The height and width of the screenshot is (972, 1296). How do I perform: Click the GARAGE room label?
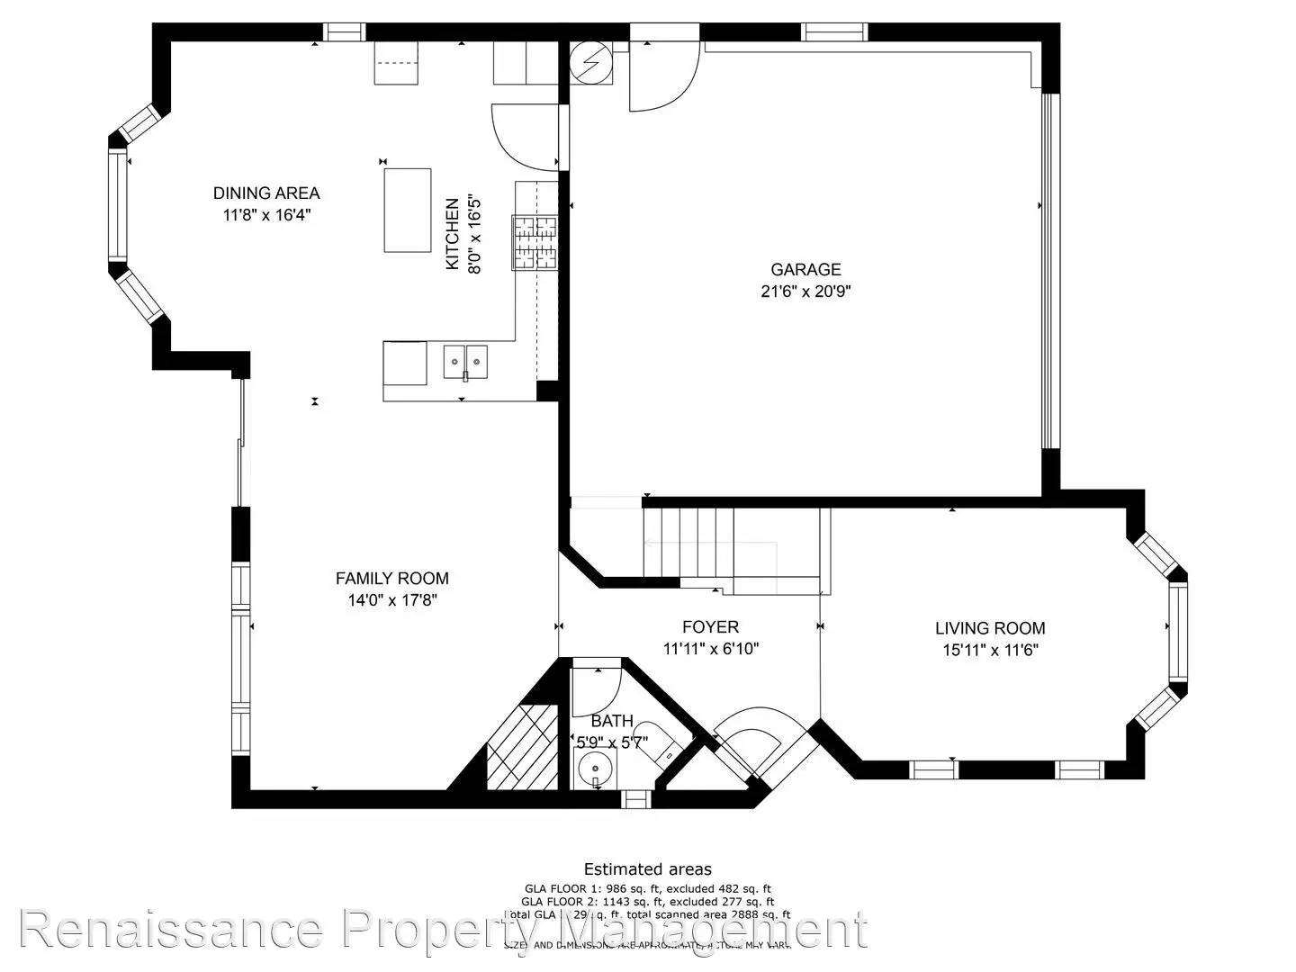pos(805,269)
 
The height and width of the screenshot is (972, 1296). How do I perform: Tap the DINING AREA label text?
pos(266,193)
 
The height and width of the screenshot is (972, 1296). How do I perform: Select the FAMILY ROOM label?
pos(391,579)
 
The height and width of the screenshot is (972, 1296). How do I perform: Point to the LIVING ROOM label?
pos(990,628)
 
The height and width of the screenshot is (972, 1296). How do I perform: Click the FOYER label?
pos(710,627)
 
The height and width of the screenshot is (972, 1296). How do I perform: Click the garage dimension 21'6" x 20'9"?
pos(805,292)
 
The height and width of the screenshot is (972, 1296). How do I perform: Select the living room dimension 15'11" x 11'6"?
pos(990,651)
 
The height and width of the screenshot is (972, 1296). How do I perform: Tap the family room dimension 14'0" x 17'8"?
pos(391,600)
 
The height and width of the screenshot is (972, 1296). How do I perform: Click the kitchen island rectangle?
pos(408,210)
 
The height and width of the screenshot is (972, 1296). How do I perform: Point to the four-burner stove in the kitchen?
pos(535,242)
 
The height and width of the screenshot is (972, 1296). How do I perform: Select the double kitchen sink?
pos(464,361)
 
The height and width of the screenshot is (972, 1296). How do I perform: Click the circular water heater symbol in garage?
pos(590,62)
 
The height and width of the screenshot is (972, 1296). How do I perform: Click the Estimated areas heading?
pos(647,868)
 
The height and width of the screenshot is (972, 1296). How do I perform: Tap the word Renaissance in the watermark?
pos(171,930)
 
